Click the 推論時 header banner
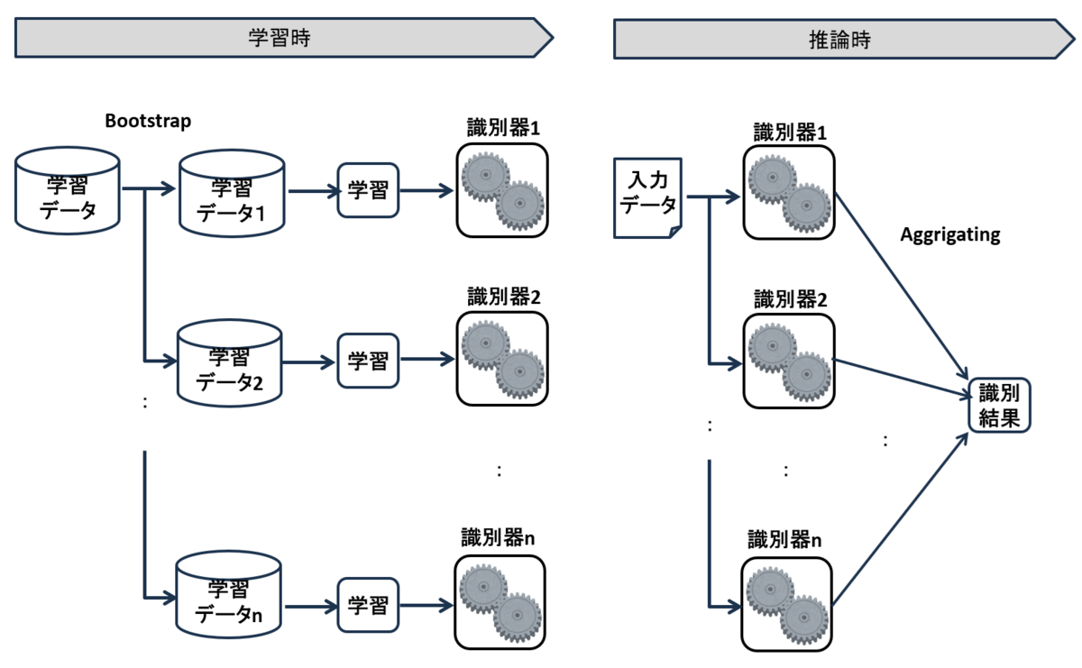tap(839, 41)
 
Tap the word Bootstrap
tap(148, 121)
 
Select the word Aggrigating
tap(950, 235)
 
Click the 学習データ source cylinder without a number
tap(68, 191)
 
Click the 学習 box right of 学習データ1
tap(368, 190)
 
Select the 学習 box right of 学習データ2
tap(368, 361)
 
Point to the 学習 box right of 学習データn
tap(368, 603)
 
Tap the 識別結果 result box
tap(998, 406)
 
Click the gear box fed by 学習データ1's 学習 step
tap(501, 191)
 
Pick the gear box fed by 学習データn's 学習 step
tap(501, 602)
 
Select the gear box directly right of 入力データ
tap(789, 191)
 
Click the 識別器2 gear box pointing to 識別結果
tap(789, 361)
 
